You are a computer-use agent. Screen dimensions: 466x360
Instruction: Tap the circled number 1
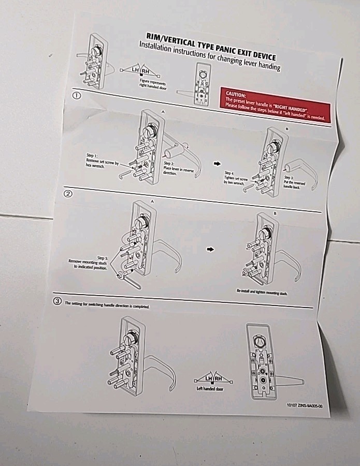(x=77, y=96)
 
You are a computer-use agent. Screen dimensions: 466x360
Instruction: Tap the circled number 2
(x=68, y=194)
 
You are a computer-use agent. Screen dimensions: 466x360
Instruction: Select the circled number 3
(x=57, y=301)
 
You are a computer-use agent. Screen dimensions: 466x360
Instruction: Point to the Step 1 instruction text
(x=102, y=161)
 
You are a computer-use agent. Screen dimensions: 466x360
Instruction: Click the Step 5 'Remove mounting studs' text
(x=89, y=262)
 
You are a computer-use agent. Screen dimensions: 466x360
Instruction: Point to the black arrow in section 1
(x=217, y=164)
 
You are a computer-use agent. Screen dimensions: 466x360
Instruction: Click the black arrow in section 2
(x=210, y=249)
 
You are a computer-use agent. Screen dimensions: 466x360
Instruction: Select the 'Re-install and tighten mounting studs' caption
(x=262, y=293)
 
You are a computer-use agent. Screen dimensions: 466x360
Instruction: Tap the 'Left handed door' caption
(x=209, y=389)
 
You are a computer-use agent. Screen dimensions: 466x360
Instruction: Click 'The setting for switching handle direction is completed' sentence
(x=107, y=305)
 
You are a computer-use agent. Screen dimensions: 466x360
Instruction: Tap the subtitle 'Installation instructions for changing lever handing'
(x=209, y=59)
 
